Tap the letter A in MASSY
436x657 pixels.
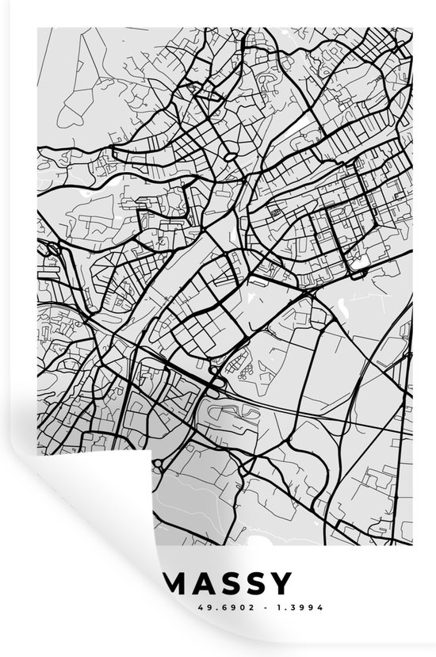pyautogui.click(x=206, y=585)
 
